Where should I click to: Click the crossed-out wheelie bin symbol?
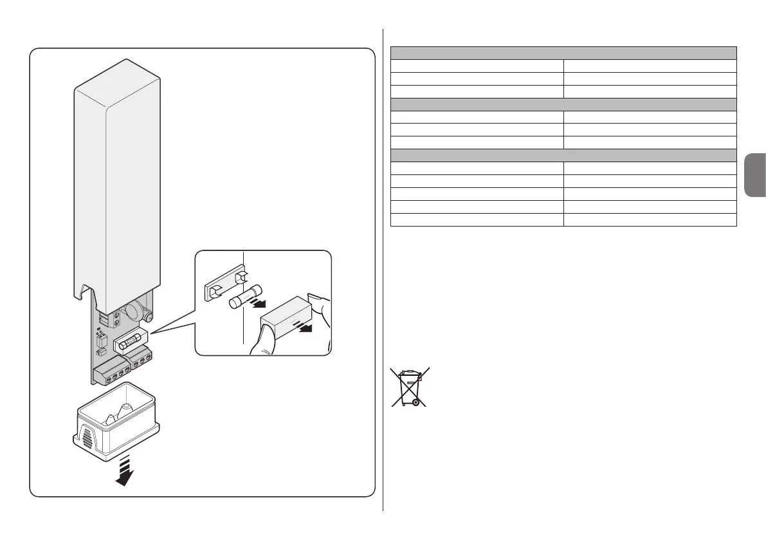[410, 387]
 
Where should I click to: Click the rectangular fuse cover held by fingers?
[287, 314]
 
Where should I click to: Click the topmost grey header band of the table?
[563, 53]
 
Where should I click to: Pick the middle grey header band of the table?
[563, 104]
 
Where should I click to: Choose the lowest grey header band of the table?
[563, 155]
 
